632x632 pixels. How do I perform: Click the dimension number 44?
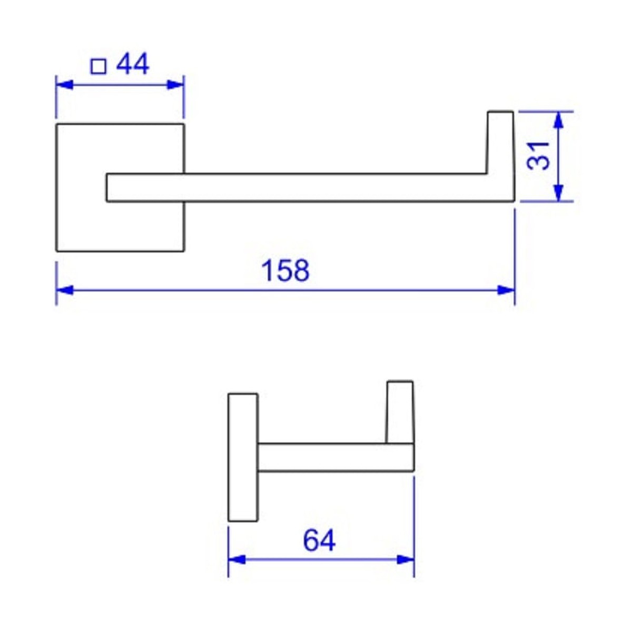click(x=133, y=64)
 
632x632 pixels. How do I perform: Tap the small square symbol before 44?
click(x=98, y=66)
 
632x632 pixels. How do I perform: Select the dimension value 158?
click(x=285, y=270)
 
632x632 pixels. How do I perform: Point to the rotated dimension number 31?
click(x=538, y=156)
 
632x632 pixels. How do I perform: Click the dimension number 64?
click(x=319, y=540)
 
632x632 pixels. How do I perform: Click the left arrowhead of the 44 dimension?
click(x=64, y=85)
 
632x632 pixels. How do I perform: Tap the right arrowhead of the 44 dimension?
click(x=175, y=85)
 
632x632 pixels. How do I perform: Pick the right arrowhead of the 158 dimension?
click(x=506, y=290)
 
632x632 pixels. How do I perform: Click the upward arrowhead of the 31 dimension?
click(x=559, y=120)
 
